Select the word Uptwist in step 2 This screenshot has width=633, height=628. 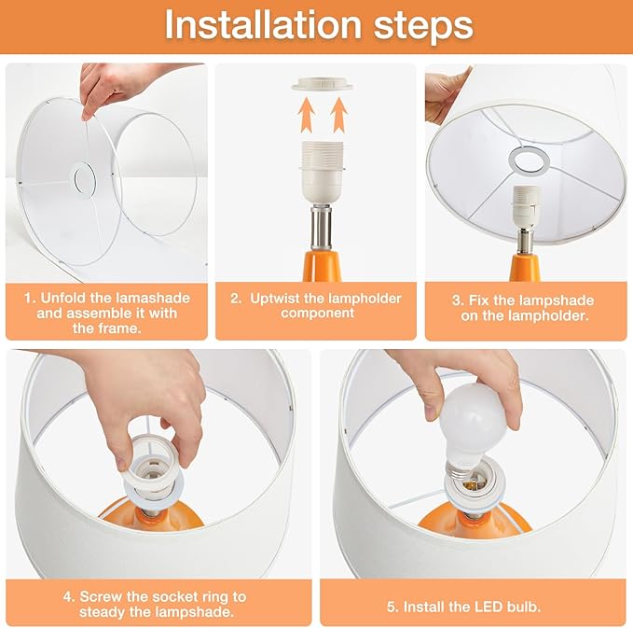pyautogui.click(x=272, y=298)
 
